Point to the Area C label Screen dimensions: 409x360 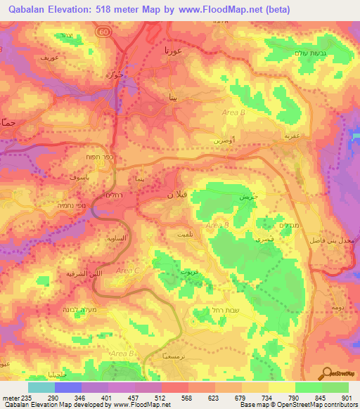click(x=128, y=270)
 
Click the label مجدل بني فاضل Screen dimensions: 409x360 click(x=334, y=240)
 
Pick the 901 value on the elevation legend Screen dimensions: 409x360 click(x=345, y=398)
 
